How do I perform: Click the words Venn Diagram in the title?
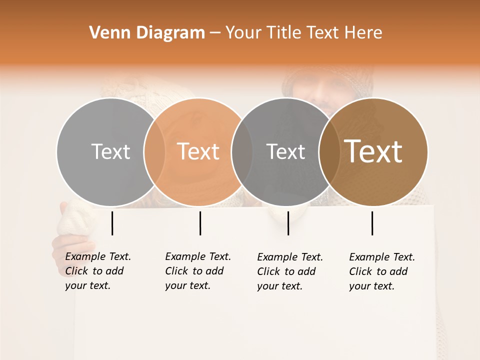click(147, 33)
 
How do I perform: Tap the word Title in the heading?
click(285, 33)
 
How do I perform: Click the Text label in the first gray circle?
click(110, 151)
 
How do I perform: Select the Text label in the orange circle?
click(198, 151)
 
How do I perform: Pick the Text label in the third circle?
click(285, 151)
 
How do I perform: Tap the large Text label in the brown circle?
click(373, 151)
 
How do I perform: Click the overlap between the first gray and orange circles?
click(154, 151)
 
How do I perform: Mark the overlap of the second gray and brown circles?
click(327, 151)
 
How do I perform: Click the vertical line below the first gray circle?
click(112, 223)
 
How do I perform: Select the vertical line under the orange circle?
click(200, 223)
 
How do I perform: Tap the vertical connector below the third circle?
click(288, 223)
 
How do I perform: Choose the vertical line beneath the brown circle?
click(372, 223)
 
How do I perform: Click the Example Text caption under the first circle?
click(97, 271)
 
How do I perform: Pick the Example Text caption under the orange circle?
click(197, 271)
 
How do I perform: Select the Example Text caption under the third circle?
click(289, 271)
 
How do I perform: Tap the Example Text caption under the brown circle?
click(381, 271)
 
